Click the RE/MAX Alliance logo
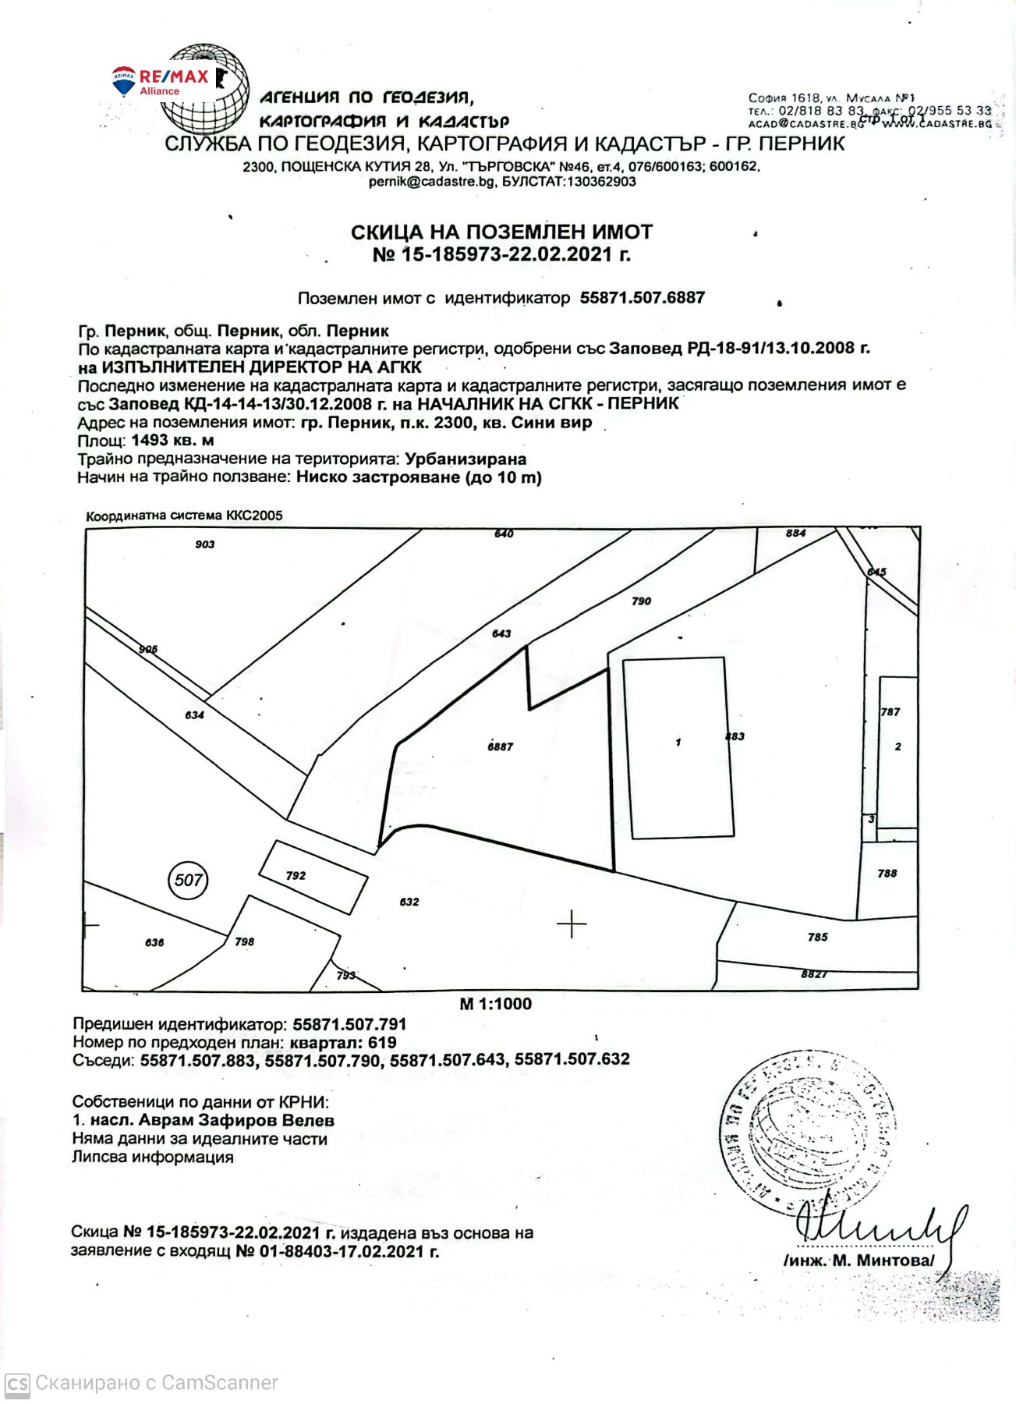(x=161, y=81)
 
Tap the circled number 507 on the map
(x=188, y=881)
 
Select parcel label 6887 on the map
(x=500, y=746)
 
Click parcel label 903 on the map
(x=205, y=544)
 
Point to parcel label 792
(x=296, y=876)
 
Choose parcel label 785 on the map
(x=817, y=937)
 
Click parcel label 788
(x=887, y=874)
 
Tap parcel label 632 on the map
(x=409, y=902)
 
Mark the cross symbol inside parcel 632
(x=572, y=924)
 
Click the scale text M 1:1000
(x=495, y=1004)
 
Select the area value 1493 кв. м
(x=172, y=441)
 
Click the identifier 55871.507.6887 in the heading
(x=642, y=298)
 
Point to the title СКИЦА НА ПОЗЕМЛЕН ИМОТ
(x=501, y=232)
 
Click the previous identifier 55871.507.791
(x=349, y=1024)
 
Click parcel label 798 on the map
(x=244, y=941)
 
